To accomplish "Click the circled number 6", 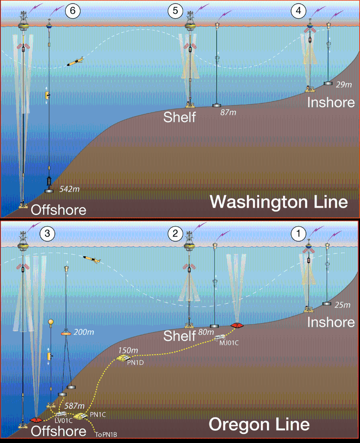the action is point(73,12).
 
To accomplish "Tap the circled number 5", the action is point(175,12).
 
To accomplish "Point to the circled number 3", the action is point(47,234).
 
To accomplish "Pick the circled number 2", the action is point(175,234).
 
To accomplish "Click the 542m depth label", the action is point(70,189).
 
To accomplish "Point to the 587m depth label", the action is point(74,406).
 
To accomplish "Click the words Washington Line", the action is point(279,202).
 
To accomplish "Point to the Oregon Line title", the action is point(259,424).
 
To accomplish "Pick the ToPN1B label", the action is point(104,432).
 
